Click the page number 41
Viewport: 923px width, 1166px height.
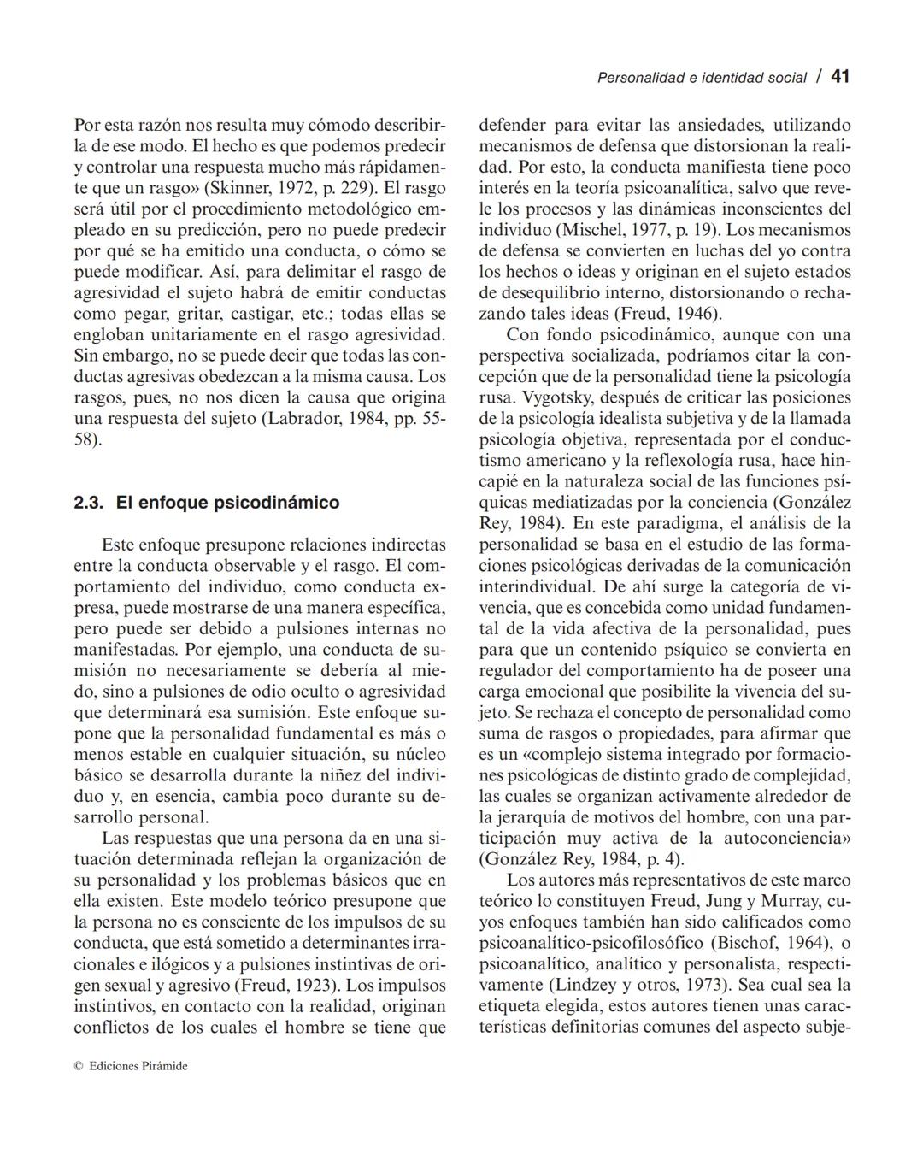[840, 77]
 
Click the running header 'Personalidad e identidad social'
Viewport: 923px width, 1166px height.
[701, 78]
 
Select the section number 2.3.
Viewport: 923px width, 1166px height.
[89, 503]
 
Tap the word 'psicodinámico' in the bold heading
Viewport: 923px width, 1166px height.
[276, 503]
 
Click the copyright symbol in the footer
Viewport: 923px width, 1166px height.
[78, 1066]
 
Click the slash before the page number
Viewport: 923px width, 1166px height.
[819, 77]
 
